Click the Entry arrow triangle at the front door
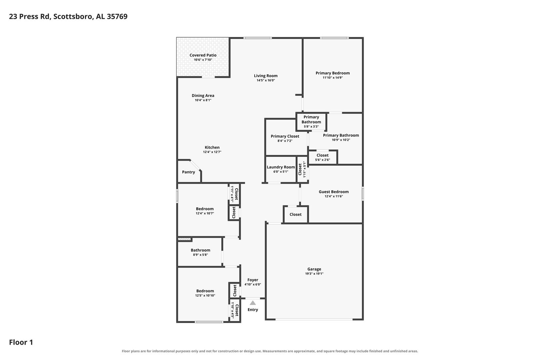253,303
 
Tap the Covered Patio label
203,55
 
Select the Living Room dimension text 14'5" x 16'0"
266,80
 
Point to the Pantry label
189,172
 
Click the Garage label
314,269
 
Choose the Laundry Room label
281,167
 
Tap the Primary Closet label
285,136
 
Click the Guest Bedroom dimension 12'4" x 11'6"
334,196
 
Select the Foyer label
253,280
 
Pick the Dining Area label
203,96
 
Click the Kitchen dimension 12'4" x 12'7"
212,152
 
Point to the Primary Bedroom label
333,73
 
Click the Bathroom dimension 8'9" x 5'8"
200,255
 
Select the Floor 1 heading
21,342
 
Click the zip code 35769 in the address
117,16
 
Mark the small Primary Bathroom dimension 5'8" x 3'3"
311,126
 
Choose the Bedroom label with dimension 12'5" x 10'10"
205,291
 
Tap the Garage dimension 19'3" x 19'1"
314,274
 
